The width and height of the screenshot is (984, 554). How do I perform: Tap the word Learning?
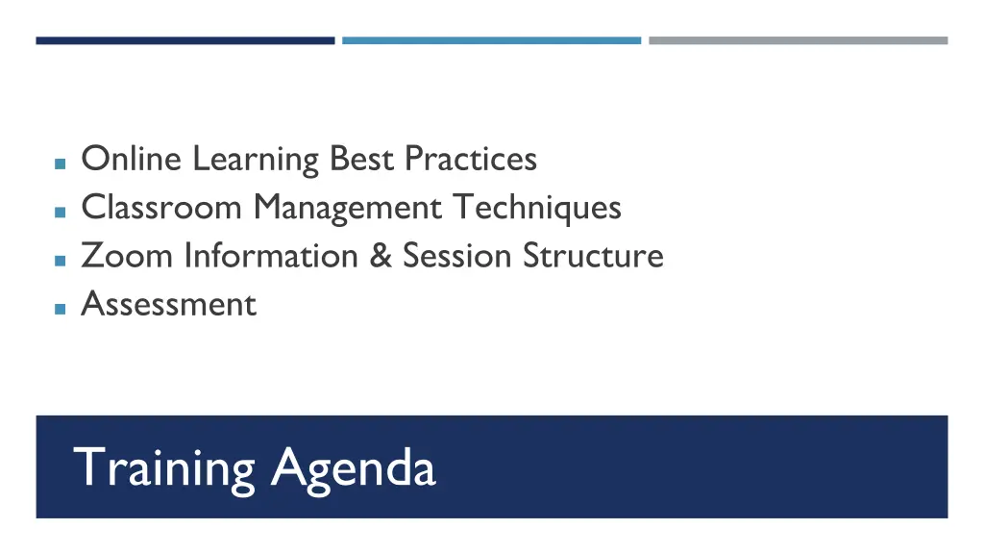(255, 160)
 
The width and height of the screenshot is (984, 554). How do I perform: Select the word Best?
(363, 158)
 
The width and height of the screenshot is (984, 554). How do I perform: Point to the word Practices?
(471, 158)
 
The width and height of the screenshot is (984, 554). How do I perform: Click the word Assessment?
(169, 304)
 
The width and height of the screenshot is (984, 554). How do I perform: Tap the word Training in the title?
(164, 468)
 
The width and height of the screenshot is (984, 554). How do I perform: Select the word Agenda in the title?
(353, 469)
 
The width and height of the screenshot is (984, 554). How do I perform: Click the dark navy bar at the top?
(185, 40)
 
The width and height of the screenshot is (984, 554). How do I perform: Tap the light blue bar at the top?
(491, 40)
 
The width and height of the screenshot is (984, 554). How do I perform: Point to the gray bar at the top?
(798, 40)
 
